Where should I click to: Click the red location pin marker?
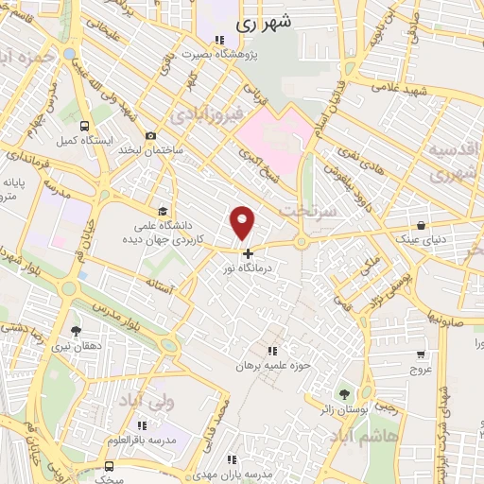[243, 222]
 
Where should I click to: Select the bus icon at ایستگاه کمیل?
[86, 125]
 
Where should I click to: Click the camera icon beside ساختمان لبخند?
[150, 136]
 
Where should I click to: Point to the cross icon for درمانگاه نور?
[248, 253]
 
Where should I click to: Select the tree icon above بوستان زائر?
[342, 392]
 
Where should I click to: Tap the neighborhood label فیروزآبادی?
[210, 114]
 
